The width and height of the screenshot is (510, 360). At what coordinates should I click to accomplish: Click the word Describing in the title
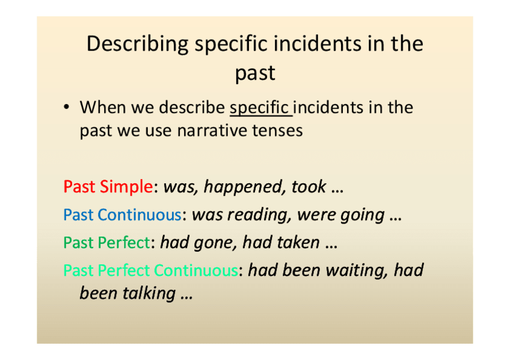[x=137, y=44]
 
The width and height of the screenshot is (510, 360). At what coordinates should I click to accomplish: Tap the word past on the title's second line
[x=256, y=74]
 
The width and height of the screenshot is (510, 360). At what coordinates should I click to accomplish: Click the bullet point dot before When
[x=67, y=107]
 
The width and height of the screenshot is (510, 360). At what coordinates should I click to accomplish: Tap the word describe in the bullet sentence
[x=192, y=107]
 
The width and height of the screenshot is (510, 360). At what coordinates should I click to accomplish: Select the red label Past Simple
[x=108, y=187]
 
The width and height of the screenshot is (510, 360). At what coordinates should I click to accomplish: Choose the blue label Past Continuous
[x=122, y=215]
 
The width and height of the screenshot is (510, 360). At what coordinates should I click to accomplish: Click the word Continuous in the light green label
[x=195, y=270]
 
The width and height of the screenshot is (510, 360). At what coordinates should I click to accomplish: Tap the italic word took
[x=309, y=187]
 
